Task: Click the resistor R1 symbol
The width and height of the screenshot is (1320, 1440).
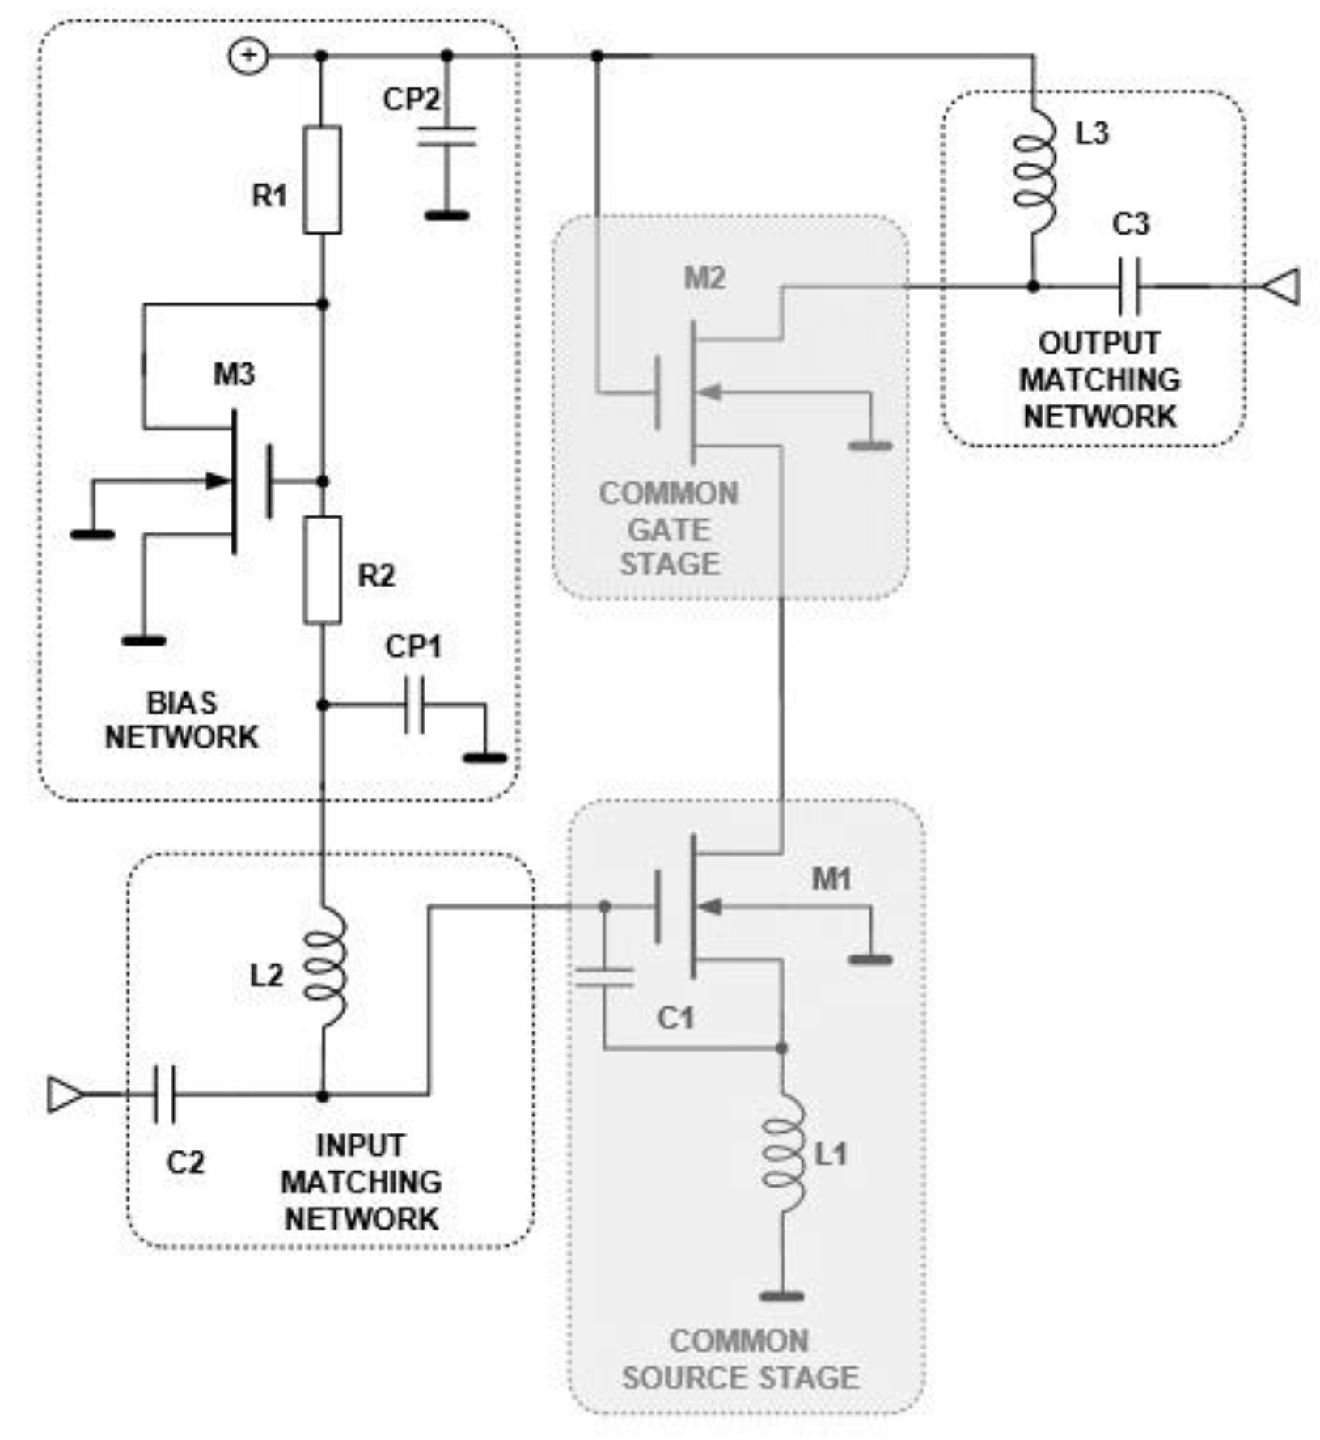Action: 322,180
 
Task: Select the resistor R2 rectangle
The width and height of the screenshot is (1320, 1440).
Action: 322,570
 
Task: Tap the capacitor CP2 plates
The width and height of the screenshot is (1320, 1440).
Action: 447,137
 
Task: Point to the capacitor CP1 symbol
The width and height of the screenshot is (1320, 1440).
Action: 414,705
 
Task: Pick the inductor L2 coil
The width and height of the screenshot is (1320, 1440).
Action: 325,968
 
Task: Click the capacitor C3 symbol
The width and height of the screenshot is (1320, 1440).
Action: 1130,286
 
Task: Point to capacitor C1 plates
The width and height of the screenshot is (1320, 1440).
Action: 604,976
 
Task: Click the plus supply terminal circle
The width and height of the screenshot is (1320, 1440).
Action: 248,56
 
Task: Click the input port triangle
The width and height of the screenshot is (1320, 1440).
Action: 66,1095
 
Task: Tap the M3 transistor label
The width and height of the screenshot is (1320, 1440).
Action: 234,374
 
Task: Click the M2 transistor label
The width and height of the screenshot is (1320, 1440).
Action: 704,278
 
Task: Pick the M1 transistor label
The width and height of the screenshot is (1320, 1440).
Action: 831,879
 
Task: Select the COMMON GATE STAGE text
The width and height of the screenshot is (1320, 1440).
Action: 669,528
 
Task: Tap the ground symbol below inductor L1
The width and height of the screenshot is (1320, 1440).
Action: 782,1296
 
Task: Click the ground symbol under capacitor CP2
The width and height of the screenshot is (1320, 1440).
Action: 447,215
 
